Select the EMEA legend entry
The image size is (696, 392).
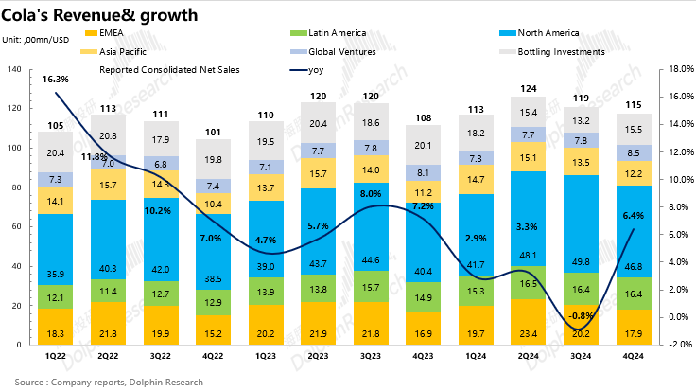(124, 33)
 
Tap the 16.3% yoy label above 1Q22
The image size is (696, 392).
(55, 80)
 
